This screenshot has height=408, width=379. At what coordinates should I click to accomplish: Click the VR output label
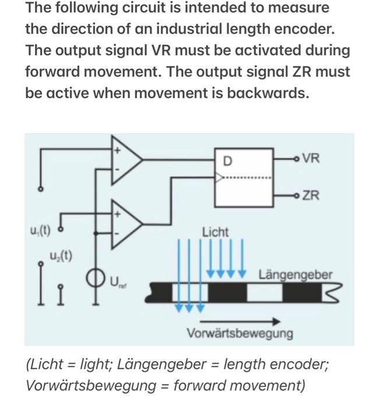(311, 158)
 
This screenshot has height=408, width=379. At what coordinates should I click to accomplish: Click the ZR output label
(311, 195)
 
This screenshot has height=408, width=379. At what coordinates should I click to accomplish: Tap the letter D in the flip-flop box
(227, 160)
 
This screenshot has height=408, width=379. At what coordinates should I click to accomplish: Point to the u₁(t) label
(40, 230)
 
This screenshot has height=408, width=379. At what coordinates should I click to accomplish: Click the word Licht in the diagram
(216, 232)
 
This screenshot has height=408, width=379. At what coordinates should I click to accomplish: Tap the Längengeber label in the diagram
(296, 274)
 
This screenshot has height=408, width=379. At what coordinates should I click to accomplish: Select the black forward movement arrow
(240, 321)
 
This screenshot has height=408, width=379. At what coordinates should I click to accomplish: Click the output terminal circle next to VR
(297, 158)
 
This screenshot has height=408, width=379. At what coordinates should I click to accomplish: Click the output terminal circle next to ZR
(297, 195)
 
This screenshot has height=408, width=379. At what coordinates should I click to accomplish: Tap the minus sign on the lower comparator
(116, 234)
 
